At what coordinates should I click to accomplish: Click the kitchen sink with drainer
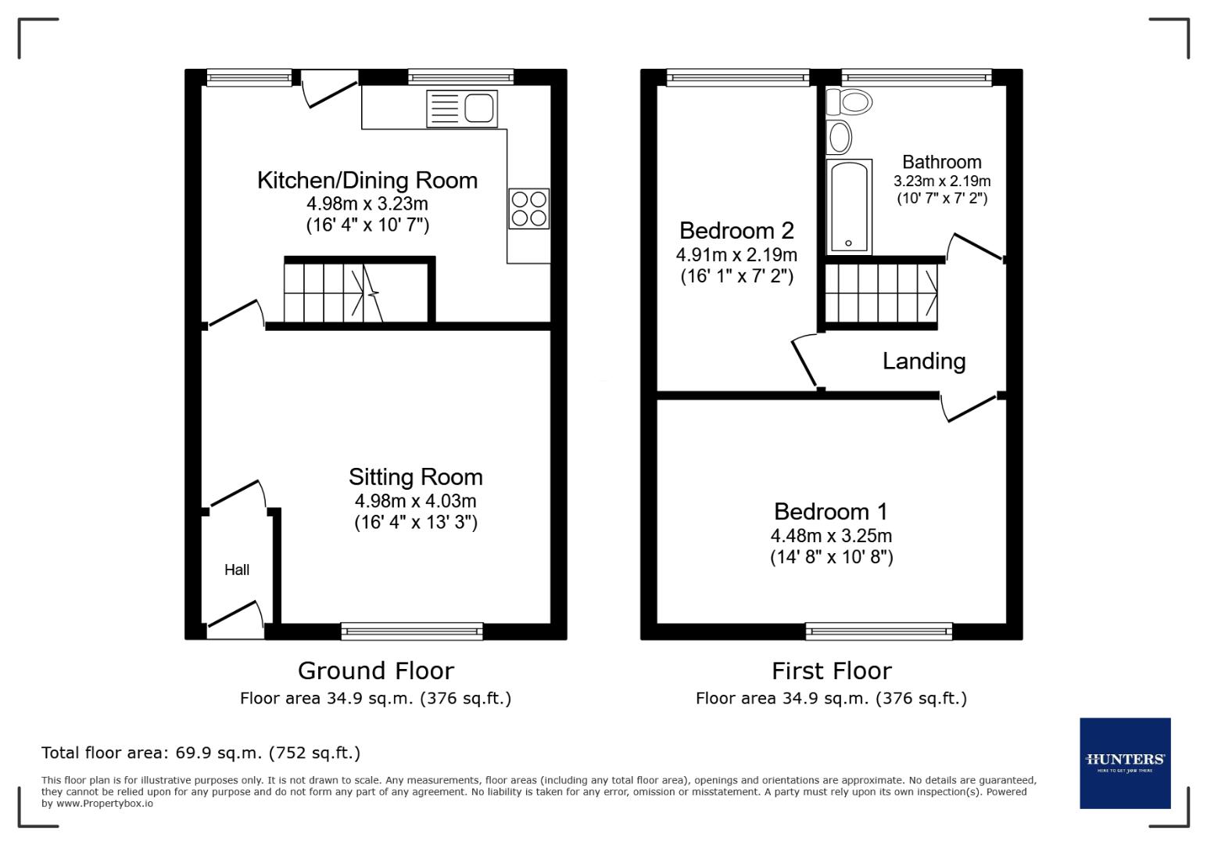coord(462,109)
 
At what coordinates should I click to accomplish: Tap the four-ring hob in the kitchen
coord(529,208)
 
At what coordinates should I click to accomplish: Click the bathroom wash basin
coord(840,138)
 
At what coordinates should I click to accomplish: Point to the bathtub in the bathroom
coord(849,207)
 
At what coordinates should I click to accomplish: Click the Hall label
coord(237,570)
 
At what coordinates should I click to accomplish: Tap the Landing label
coord(923,361)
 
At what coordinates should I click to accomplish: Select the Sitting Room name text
coord(415,476)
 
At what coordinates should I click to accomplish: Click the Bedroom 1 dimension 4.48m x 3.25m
coord(831,536)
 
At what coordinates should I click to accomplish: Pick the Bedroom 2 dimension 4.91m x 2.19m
coord(736,254)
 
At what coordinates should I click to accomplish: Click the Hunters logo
coord(1125,763)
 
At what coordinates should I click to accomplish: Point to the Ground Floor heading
coord(375,671)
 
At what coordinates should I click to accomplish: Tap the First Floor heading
coord(831,671)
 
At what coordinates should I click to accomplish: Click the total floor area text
coord(201,753)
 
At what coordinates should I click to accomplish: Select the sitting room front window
coord(412,631)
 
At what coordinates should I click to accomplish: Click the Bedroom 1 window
coord(879,631)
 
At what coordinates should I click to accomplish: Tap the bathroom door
coord(975,247)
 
